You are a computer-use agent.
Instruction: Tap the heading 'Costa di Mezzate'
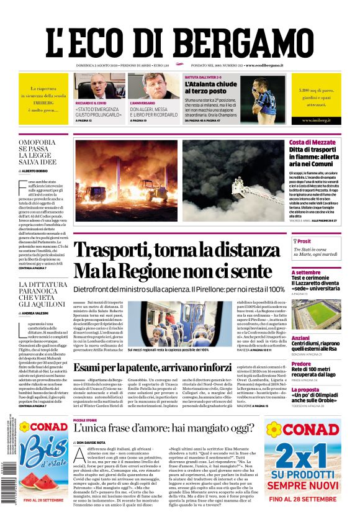312,143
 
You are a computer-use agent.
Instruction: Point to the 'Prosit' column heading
304,241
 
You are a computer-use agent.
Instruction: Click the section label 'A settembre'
306,273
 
